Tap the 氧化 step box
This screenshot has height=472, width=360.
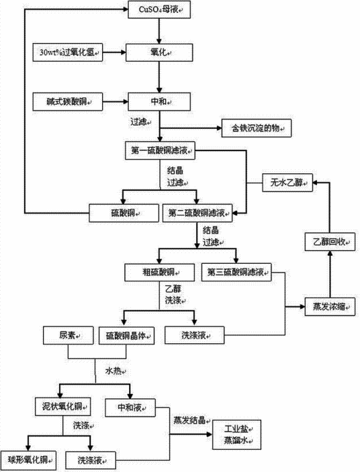click(x=159, y=51)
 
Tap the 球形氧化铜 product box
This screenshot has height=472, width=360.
click(x=28, y=459)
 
